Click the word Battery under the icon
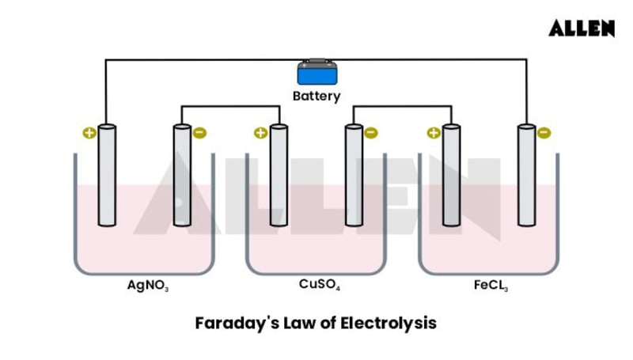[316, 97]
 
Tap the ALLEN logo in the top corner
[582, 28]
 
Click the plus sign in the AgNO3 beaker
[89, 133]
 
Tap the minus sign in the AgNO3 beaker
[199, 133]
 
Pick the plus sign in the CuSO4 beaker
[260, 133]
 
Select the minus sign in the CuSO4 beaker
[371, 133]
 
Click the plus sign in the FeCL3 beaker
[433, 133]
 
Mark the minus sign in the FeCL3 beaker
[544, 133]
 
